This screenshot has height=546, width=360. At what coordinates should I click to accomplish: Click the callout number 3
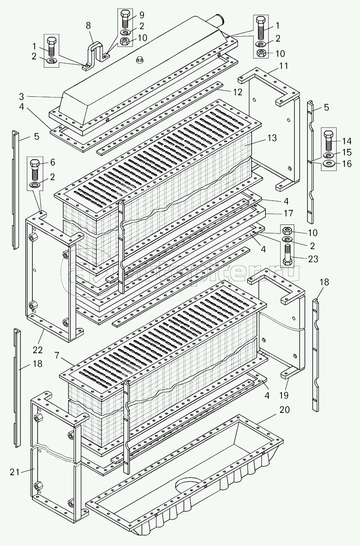tap(22, 97)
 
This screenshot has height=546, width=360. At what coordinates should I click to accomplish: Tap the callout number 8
tap(88, 26)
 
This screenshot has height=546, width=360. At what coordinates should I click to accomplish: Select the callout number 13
tap(272, 138)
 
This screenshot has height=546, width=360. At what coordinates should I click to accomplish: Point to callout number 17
tap(288, 213)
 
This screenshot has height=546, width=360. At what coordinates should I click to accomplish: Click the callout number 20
tap(284, 410)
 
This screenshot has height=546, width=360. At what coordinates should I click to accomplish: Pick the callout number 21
tap(15, 472)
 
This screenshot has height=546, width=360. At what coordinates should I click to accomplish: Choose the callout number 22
tap(38, 350)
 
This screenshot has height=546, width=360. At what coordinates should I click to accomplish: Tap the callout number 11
tap(284, 67)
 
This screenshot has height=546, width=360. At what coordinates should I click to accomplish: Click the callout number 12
tap(238, 92)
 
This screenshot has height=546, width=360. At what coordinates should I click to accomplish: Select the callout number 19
tap(286, 396)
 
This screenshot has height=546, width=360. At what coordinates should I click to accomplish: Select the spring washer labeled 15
tap(329, 154)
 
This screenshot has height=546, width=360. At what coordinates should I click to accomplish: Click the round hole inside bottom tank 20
tap(188, 486)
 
